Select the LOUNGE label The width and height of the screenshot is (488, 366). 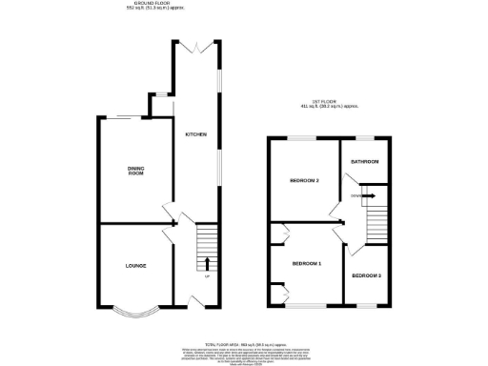135,264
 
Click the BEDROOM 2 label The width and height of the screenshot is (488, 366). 304,180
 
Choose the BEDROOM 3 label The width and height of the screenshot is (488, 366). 367,275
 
